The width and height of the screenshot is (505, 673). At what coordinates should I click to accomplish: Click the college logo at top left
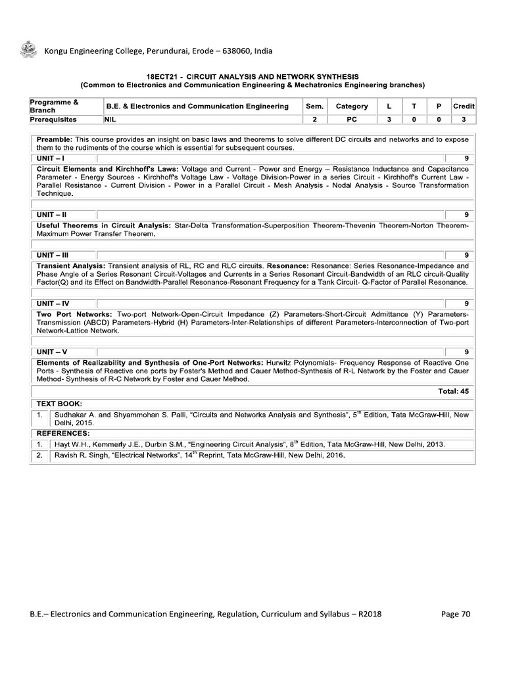pyautogui.click(x=28, y=50)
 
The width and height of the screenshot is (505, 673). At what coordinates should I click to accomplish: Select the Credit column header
pyautogui.click(x=464, y=106)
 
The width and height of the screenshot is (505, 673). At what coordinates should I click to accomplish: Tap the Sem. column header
pyautogui.click(x=314, y=106)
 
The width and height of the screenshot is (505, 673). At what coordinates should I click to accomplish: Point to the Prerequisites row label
pyautogui.click(x=53, y=120)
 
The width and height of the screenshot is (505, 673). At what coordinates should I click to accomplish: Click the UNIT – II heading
pyautogui.click(x=52, y=215)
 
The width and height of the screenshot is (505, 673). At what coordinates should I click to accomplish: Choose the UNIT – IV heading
pyautogui.click(x=53, y=304)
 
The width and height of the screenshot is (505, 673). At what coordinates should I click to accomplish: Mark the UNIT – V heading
pyautogui.click(x=52, y=352)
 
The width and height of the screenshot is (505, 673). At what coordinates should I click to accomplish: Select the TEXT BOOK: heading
pyautogui.click(x=59, y=403)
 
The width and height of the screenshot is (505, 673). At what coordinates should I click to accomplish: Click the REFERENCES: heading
pyautogui.click(x=62, y=434)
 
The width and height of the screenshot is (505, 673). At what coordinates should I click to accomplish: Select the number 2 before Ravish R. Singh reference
pyautogui.click(x=39, y=455)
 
